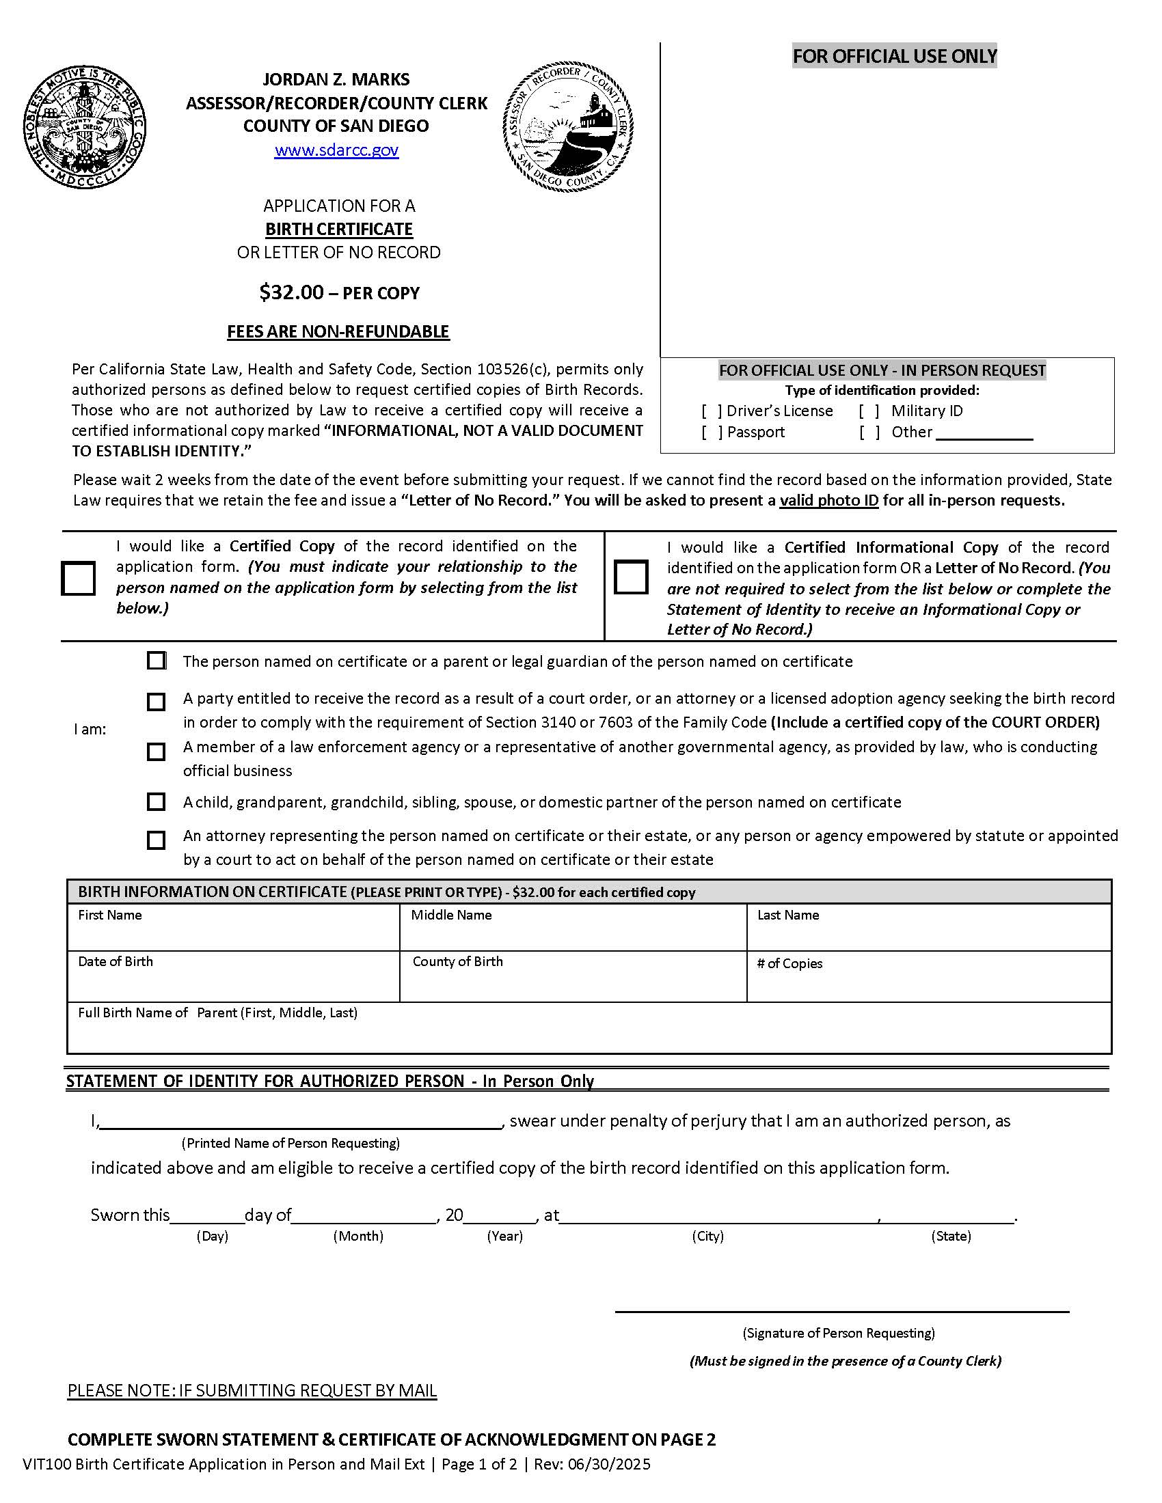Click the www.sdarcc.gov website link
(336, 150)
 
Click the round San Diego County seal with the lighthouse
(568, 126)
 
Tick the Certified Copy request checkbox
(79, 578)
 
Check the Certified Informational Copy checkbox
(631, 577)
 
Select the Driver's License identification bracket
(712, 411)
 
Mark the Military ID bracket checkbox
(869, 411)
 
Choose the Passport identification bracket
(712, 433)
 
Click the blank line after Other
(984, 435)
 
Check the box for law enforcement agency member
(157, 751)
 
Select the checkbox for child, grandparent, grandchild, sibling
(157, 802)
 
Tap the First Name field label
(109, 915)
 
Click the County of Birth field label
(457, 961)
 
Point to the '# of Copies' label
(789, 963)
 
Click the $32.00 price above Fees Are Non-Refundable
(291, 292)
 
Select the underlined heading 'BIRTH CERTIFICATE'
(338, 229)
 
